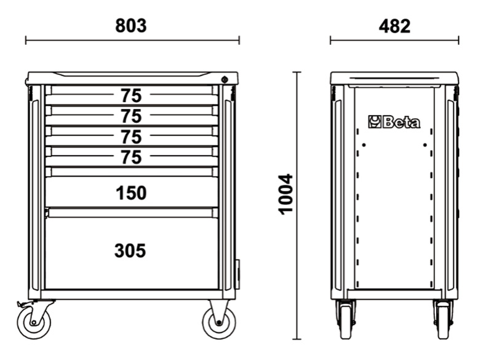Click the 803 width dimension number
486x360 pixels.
[x=131, y=26]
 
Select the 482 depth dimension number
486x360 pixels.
[x=394, y=26]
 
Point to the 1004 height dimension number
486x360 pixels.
[x=286, y=194]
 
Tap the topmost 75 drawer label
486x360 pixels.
[x=131, y=96]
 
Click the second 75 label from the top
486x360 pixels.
[x=131, y=116]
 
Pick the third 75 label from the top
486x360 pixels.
[x=131, y=137]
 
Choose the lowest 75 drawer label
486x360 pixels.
[x=131, y=158]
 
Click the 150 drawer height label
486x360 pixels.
[x=131, y=193]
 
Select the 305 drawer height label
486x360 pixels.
[x=130, y=251]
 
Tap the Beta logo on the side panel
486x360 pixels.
[x=394, y=122]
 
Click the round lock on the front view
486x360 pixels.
[x=225, y=79]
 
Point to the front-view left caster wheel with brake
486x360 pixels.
[x=33, y=321]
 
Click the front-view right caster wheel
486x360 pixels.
[x=219, y=321]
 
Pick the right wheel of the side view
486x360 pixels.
[x=442, y=321]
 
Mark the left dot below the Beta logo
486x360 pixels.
[x=364, y=145]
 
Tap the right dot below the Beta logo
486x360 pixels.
[x=424, y=145]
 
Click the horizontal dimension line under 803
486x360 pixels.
[x=132, y=41]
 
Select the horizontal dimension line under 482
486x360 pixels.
[x=394, y=41]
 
